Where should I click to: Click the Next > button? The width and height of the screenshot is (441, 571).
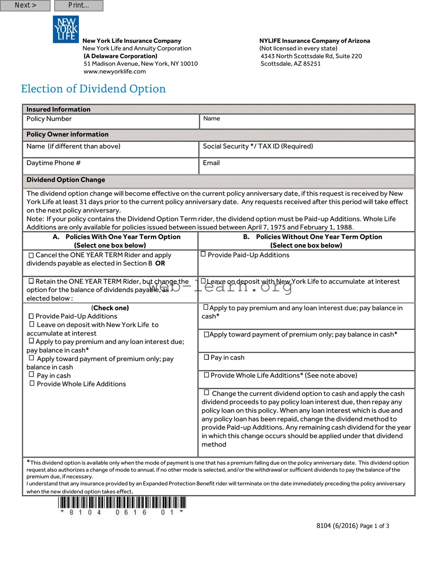click(x=25, y=5)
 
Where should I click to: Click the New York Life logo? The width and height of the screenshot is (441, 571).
click(x=66, y=29)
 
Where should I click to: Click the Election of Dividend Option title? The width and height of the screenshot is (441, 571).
click(x=93, y=89)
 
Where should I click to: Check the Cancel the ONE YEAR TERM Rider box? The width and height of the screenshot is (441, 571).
click(x=31, y=255)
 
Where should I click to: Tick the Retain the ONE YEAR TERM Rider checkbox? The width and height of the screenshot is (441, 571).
click(x=31, y=281)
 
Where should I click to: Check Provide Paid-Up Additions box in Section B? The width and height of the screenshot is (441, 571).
click(x=203, y=254)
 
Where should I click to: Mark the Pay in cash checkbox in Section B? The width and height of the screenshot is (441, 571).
click(x=206, y=357)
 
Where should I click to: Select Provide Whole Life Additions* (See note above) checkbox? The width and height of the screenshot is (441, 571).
click(x=206, y=375)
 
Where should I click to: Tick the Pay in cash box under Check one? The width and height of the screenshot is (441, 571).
click(x=32, y=374)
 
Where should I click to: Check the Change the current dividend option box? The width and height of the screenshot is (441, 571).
click(x=206, y=393)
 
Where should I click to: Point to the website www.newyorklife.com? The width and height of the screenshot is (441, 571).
click(x=115, y=71)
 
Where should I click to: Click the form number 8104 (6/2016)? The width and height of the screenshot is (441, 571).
click(x=337, y=526)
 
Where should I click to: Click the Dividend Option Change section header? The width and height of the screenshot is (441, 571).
click(x=66, y=180)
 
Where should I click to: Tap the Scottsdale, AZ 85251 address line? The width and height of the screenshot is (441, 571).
click(x=290, y=64)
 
